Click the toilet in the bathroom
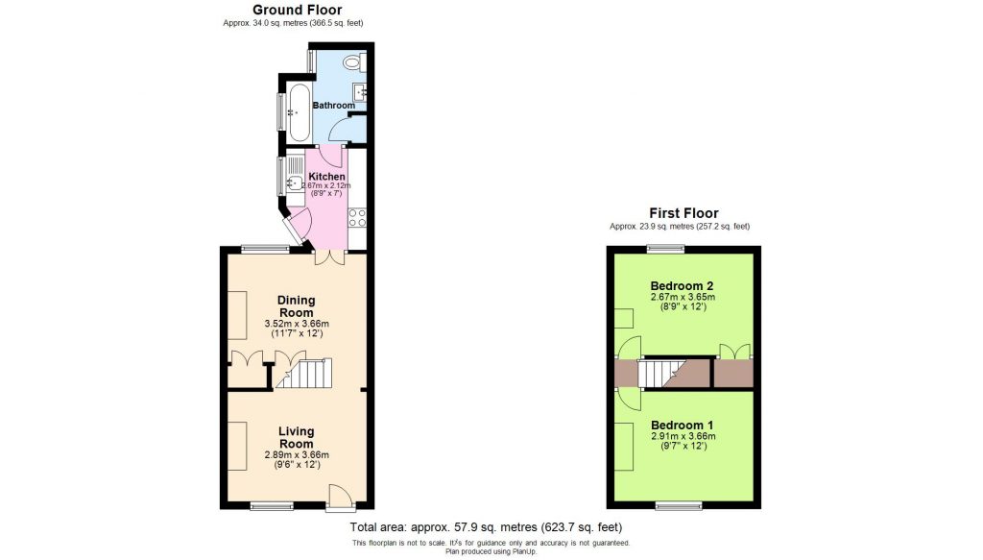pos(352,63)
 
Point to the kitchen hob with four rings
pos(356,217)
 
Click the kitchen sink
pos(295,180)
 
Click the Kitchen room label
pos(326,177)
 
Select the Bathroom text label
pos(332,106)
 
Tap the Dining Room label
pos(296,306)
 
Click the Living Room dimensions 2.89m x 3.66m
pos(296,455)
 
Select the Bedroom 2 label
pos(682,286)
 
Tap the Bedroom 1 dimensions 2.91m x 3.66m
pos(683,436)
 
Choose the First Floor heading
pos(683,213)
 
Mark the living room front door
pos(340,498)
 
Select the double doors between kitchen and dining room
pos(328,257)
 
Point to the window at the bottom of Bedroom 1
pos(678,505)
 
